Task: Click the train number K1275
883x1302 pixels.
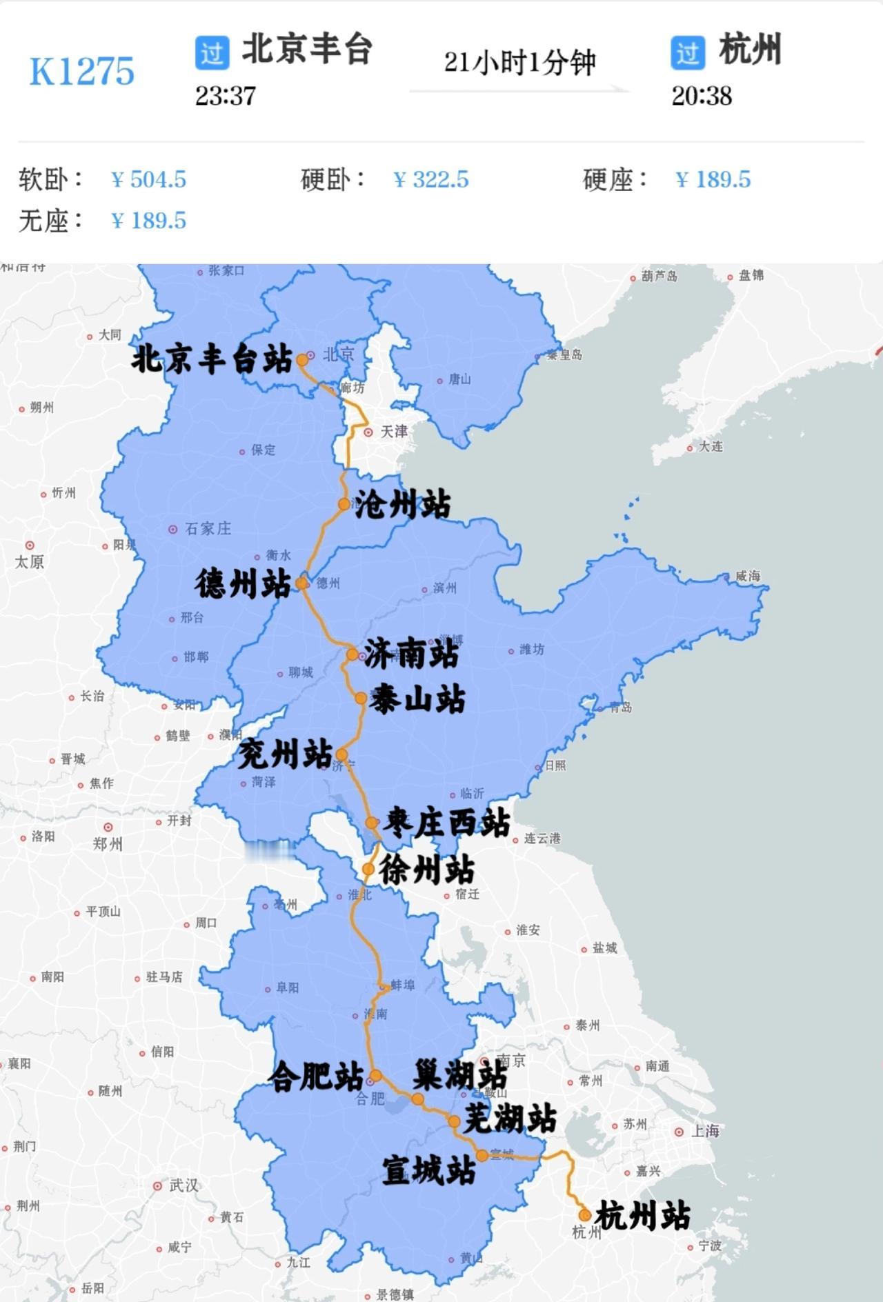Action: click(81, 71)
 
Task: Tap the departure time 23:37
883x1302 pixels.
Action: click(225, 96)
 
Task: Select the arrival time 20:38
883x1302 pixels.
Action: click(702, 96)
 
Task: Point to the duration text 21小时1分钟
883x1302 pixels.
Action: click(519, 62)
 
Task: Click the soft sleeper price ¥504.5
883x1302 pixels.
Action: click(149, 179)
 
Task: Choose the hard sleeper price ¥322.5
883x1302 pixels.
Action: click(431, 179)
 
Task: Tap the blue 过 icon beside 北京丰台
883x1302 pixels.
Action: click(212, 52)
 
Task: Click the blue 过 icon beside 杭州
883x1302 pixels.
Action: click(688, 52)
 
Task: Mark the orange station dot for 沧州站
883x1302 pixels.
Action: click(344, 504)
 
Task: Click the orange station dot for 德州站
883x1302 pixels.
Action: click(302, 583)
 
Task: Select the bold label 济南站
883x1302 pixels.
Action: click(411, 653)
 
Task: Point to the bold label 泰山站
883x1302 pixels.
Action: click(417, 699)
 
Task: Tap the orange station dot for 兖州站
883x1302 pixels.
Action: click(341, 754)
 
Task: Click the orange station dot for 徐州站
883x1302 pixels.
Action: click(368, 870)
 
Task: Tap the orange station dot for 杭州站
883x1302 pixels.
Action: click(585, 1215)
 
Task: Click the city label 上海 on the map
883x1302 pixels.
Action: click(705, 1131)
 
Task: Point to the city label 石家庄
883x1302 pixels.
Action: click(208, 529)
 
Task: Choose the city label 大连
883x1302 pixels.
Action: click(711, 447)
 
